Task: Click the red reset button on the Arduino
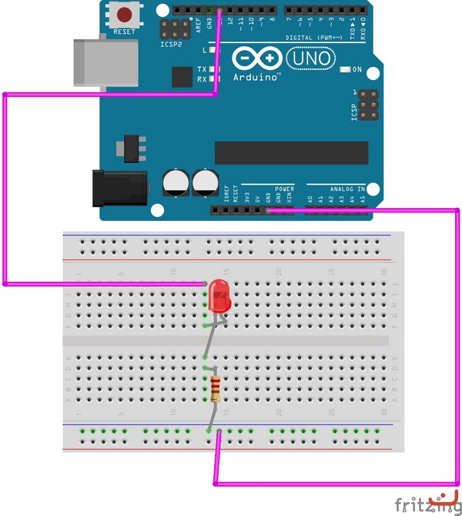coord(124,15)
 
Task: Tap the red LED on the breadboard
coord(218,295)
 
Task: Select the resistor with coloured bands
coord(214,390)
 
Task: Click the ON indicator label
coord(357,70)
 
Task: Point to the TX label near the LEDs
coord(202,69)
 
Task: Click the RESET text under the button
coord(124,32)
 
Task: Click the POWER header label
coord(284,188)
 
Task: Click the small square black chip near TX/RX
coord(182,77)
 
